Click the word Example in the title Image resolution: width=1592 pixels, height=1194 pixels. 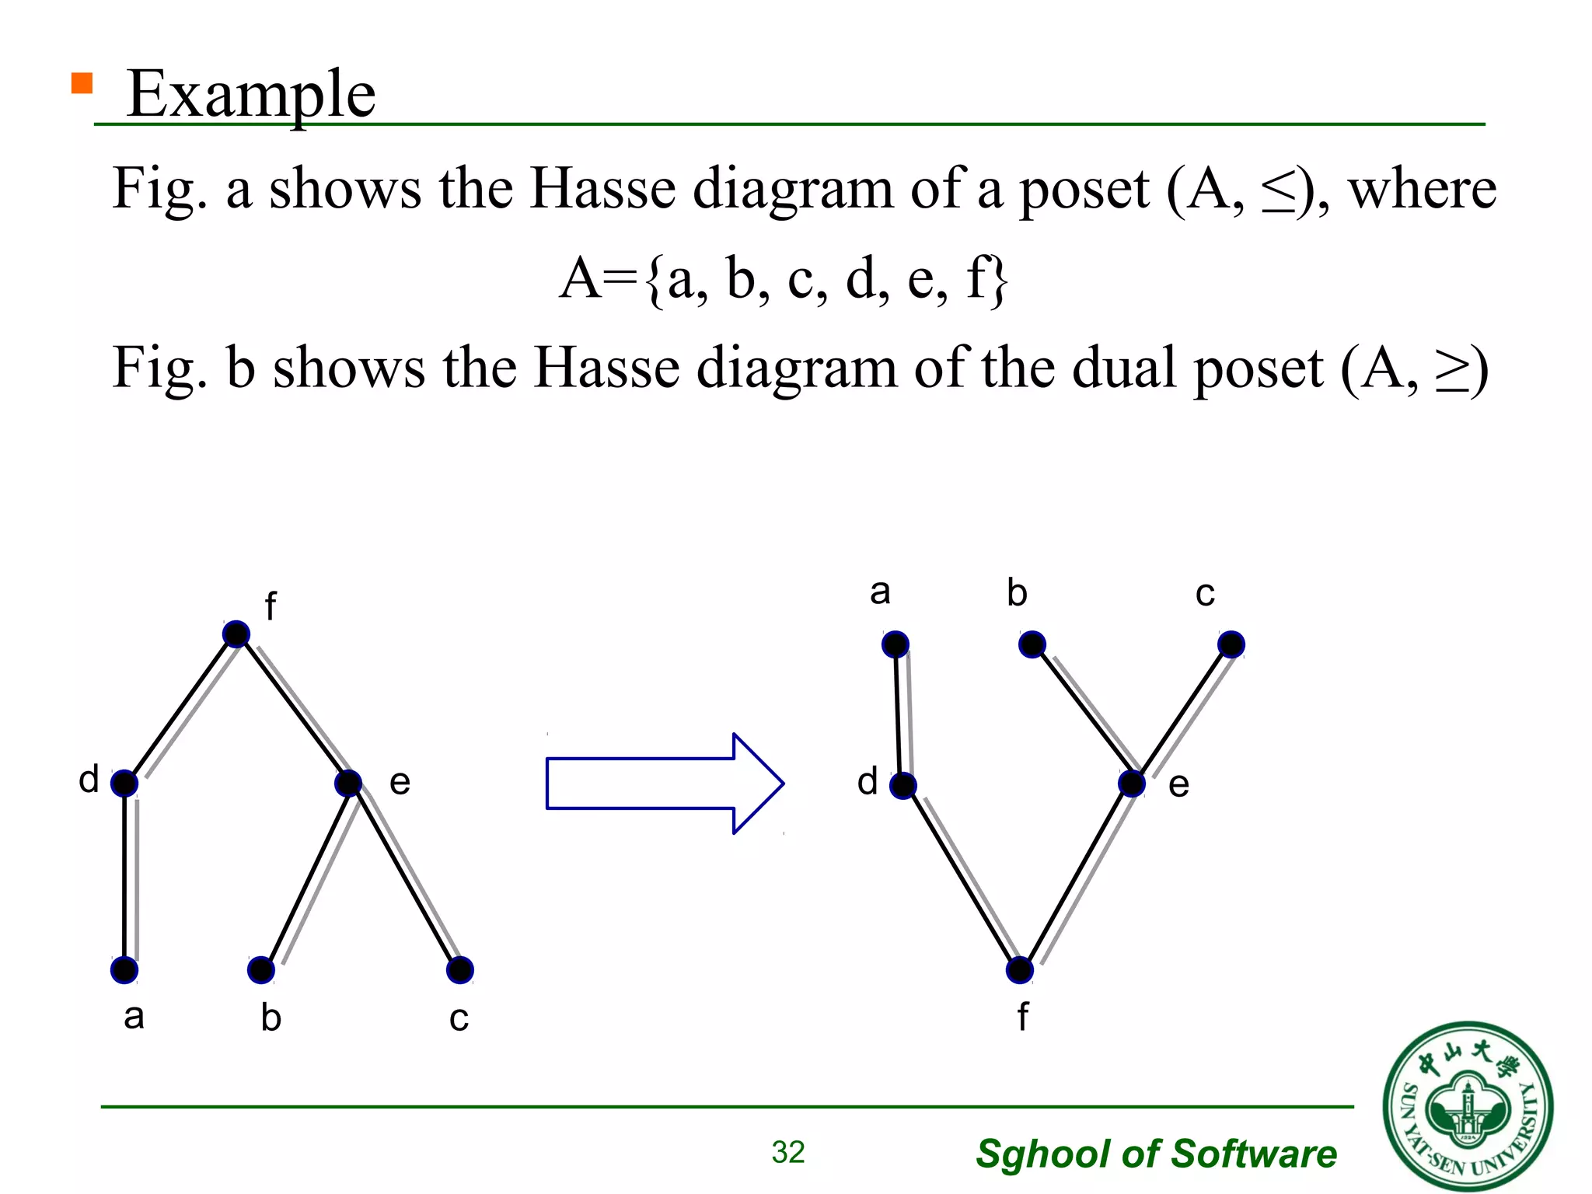(x=251, y=95)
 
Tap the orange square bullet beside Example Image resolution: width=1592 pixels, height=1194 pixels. (x=82, y=83)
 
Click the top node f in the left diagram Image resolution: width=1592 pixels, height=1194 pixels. (x=236, y=634)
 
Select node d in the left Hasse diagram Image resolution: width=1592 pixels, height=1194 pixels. (x=124, y=783)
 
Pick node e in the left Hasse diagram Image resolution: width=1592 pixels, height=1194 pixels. (x=348, y=783)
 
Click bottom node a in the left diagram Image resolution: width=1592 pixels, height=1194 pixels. (x=124, y=970)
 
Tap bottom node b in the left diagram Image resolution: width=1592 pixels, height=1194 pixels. (x=261, y=970)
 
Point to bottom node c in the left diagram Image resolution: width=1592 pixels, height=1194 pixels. (x=460, y=970)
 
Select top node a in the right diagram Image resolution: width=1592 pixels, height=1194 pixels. (x=895, y=644)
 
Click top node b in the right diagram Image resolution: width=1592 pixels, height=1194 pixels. (x=1032, y=644)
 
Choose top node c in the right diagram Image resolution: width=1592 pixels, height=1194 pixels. (x=1231, y=644)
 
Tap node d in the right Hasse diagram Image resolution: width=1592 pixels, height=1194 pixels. (x=903, y=785)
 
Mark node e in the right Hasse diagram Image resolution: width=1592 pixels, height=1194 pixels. (x=1132, y=784)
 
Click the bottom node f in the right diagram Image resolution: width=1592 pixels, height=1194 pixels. (x=1020, y=970)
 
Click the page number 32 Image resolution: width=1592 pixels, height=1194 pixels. (x=788, y=1152)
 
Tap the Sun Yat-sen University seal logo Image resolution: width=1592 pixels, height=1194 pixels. (x=1468, y=1106)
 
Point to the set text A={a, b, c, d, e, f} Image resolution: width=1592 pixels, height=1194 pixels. (x=784, y=278)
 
